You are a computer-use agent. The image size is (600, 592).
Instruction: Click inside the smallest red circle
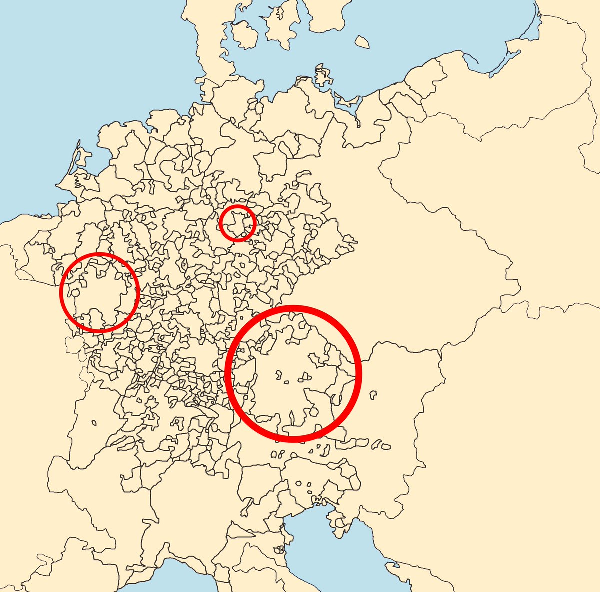tap(238, 223)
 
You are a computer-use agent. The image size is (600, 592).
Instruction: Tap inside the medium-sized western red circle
tap(99, 292)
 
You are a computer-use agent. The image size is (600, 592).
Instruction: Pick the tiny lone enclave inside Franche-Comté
tap(93, 423)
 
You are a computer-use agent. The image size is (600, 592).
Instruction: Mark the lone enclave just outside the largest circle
tap(372, 395)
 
